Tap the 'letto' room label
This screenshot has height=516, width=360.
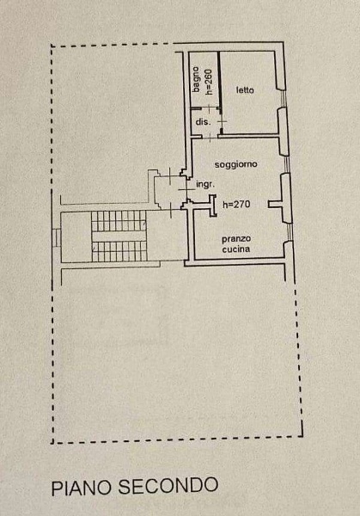(245, 89)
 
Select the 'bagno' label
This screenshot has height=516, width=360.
(196, 80)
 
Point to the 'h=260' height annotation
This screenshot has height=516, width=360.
(209, 82)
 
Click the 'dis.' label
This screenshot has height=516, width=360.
(203, 122)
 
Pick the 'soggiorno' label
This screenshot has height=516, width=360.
(235, 164)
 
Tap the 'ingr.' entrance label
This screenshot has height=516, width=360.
(205, 184)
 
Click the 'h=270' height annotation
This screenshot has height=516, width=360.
(236, 205)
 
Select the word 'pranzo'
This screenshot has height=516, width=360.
(236, 239)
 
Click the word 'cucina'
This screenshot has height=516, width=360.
(236, 249)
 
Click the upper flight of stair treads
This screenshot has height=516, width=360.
(119, 221)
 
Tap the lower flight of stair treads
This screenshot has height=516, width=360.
(119, 251)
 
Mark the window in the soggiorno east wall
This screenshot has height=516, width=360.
(287, 164)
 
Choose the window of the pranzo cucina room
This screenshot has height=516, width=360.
(290, 232)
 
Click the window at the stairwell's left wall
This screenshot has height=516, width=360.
(56, 237)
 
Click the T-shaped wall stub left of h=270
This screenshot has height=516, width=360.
(213, 206)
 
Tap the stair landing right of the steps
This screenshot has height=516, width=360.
(167, 236)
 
